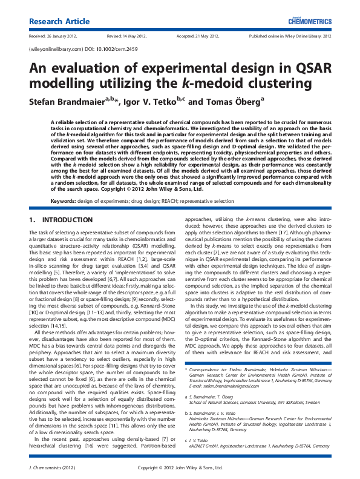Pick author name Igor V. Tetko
(159, 102)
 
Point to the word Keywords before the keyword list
(64, 200)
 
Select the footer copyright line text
(180, 468)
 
